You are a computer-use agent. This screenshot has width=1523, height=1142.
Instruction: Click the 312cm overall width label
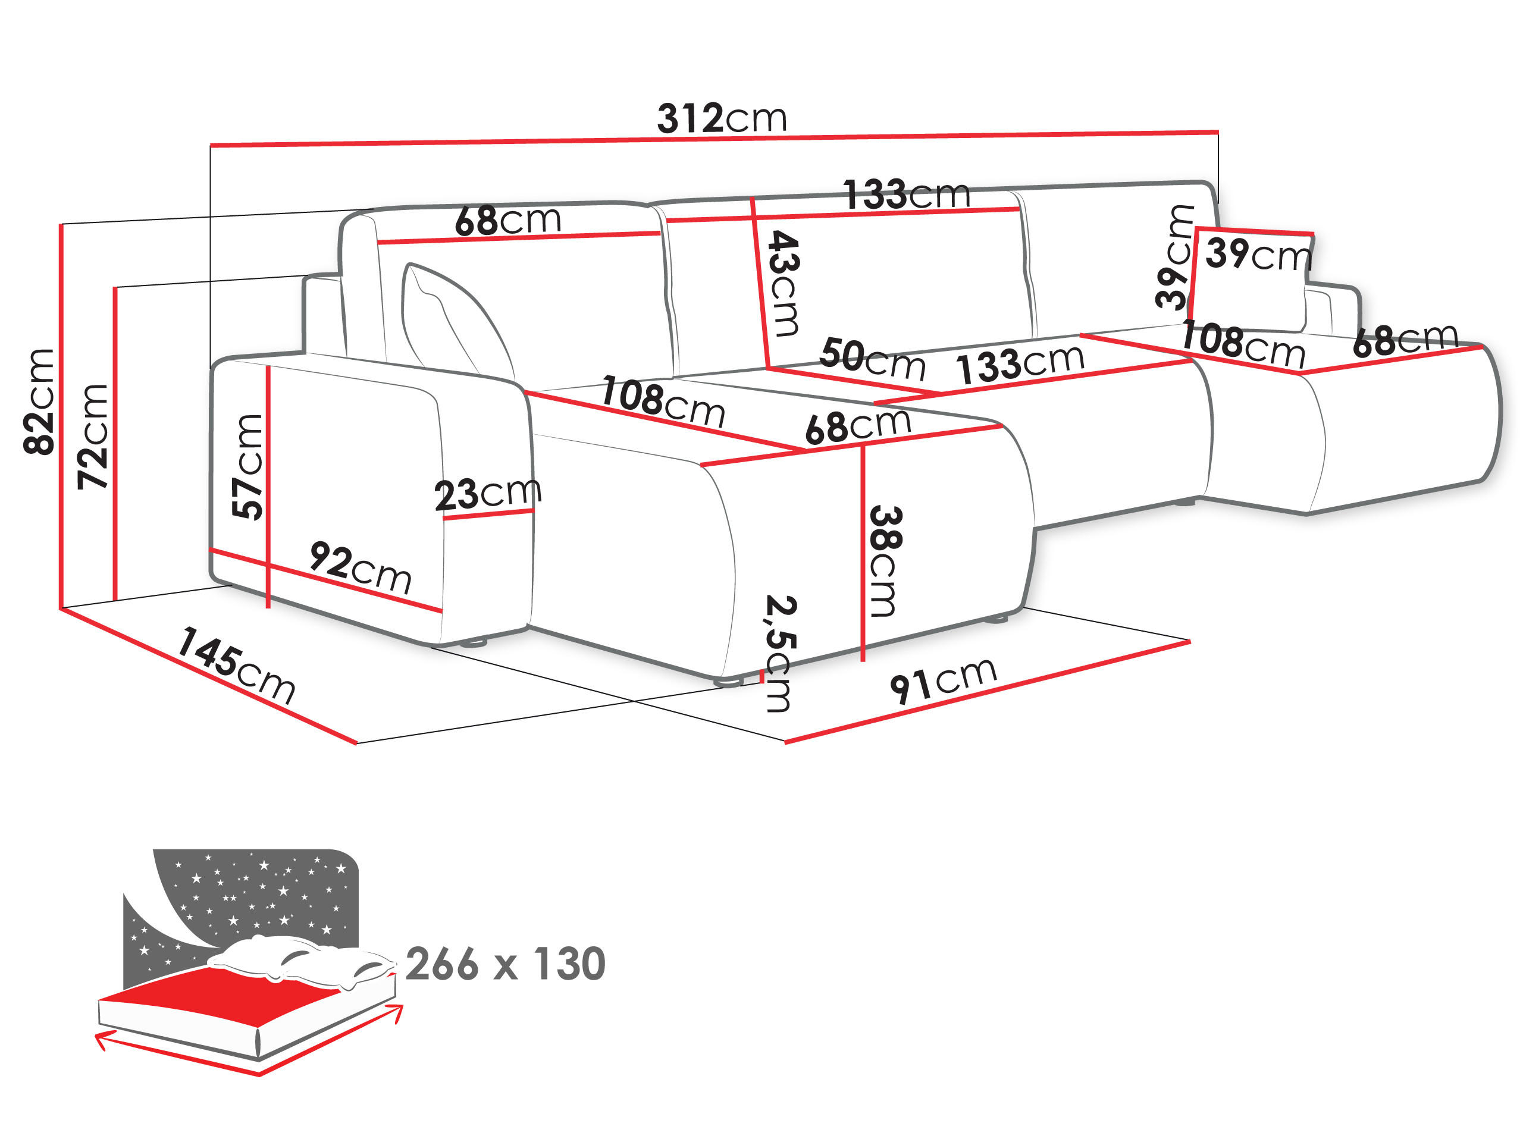pyautogui.click(x=722, y=118)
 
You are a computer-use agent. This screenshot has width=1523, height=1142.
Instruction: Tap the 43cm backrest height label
pyautogui.click(x=784, y=283)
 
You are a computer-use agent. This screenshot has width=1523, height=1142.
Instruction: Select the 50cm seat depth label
pyautogui.click(x=872, y=359)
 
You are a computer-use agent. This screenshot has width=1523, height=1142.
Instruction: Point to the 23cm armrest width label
pyautogui.click(x=487, y=493)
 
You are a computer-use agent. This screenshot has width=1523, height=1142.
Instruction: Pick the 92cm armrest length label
pyautogui.click(x=360, y=568)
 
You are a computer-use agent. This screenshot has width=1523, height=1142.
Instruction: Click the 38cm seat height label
pyautogui.click(x=885, y=561)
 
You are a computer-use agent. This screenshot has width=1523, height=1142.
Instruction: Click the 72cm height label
pyautogui.click(x=93, y=437)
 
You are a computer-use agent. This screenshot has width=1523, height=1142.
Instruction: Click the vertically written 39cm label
pyautogui.click(x=1174, y=256)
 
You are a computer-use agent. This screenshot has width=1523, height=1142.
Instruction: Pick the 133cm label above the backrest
pyautogui.click(x=906, y=194)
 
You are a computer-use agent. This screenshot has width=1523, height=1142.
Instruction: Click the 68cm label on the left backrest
pyautogui.click(x=507, y=220)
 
